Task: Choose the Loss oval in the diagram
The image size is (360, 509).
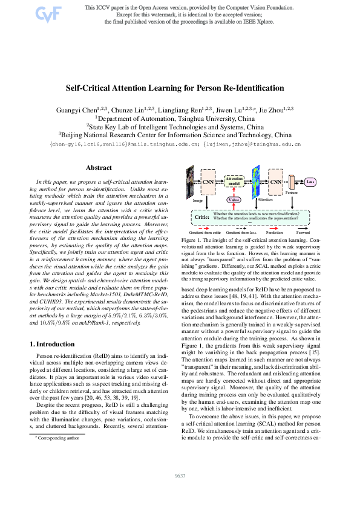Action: (311, 181)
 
